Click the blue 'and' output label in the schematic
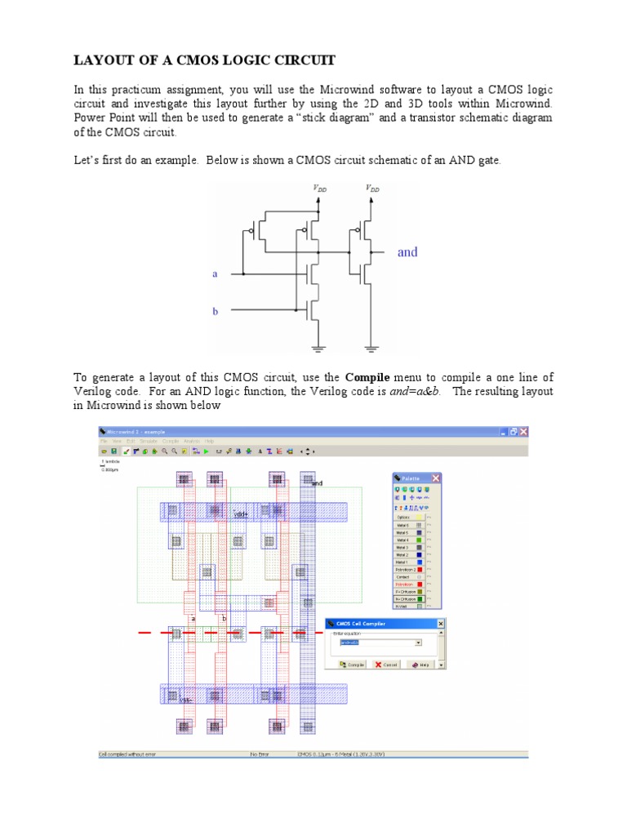click(x=407, y=251)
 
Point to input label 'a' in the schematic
click(x=216, y=274)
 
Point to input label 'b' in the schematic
click(x=216, y=311)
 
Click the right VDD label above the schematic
click(x=372, y=188)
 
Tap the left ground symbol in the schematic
click(x=317, y=349)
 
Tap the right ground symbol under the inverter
click(x=371, y=349)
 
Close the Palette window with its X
click(x=436, y=478)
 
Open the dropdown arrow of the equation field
click(x=419, y=643)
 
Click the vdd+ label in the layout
click(x=240, y=514)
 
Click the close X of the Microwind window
click(x=523, y=431)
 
